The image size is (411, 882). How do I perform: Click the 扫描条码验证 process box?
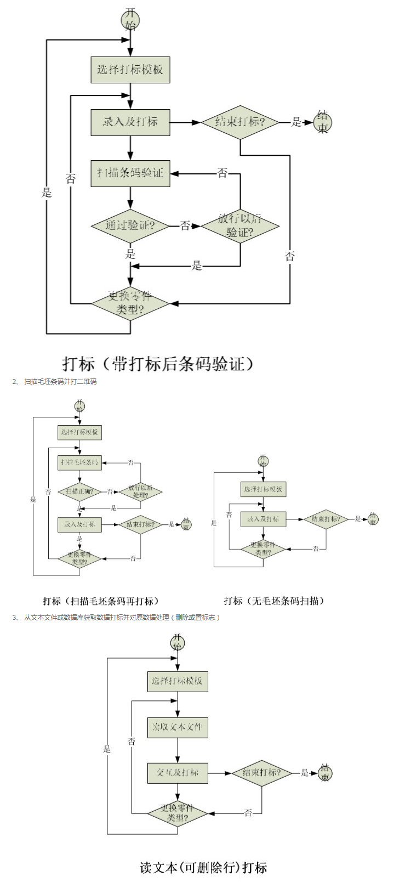point(130,173)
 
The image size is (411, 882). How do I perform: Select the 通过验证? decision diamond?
point(130,225)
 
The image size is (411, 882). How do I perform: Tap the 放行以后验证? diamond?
point(240,225)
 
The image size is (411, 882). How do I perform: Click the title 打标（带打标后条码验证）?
point(158,364)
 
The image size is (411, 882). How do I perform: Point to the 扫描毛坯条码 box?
point(80,462)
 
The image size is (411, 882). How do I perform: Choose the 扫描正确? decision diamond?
point(80,491)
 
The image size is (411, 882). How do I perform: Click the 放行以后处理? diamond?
point(140,491)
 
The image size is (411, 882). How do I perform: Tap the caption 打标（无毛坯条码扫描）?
point(274,601)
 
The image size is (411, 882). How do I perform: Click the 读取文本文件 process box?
point(178,727)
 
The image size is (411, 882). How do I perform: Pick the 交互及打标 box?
point(178,773)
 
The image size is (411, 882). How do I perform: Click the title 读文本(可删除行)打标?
point(203,868)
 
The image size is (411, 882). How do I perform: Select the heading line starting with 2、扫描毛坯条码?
point(55,381)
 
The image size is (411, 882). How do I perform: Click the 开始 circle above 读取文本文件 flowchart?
point(178,642)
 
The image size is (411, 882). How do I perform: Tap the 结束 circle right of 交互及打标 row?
point(325,773)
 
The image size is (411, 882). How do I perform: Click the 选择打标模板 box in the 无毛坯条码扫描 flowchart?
point(263,489)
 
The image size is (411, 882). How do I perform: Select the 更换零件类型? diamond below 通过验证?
point(130,303)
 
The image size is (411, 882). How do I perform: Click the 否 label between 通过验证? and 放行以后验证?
point(185,225)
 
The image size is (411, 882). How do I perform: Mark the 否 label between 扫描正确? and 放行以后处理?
point(110,492)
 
